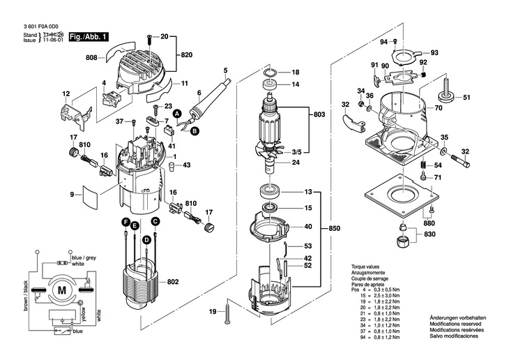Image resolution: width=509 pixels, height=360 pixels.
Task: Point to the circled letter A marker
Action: click(x=176, y=113)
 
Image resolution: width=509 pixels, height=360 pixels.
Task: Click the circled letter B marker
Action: click(x=195, y=130)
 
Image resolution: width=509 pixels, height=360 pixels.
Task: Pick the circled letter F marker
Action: click(x=127, y=223)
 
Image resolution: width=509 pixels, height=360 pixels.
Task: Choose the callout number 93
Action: click(x=434, y=53)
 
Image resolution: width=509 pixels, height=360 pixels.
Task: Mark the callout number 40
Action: click(x=307, y=226)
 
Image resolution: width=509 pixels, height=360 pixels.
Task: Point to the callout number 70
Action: click(x=438, y=109)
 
